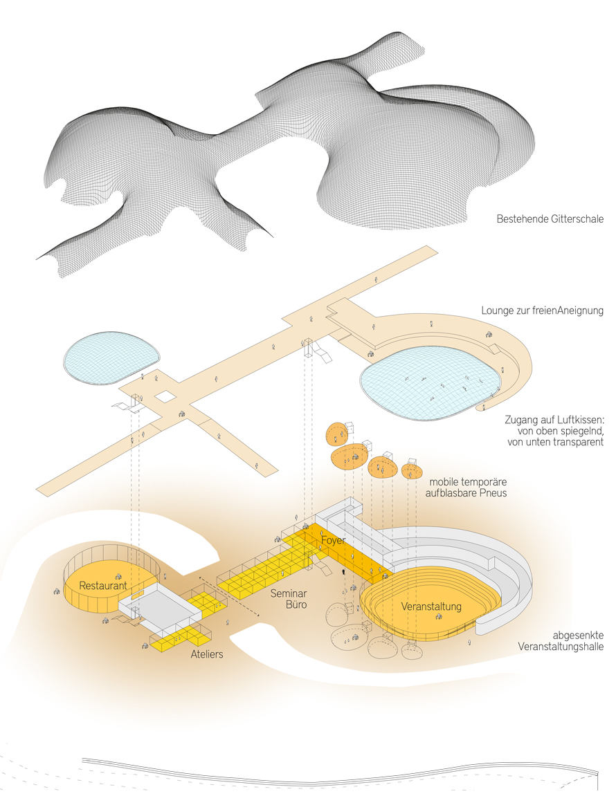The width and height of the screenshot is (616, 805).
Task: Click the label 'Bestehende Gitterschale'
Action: (550, 219)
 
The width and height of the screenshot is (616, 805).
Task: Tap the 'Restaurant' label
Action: (102, 586)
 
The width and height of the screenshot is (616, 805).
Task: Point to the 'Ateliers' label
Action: (206, 654)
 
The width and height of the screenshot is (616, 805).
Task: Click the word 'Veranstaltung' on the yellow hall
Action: (431, 607)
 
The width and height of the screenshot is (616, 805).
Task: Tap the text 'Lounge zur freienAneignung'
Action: (543, 311)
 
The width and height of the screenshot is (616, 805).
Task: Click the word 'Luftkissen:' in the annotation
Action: (579, 419)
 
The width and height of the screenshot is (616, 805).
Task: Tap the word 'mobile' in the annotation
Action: (444, 481)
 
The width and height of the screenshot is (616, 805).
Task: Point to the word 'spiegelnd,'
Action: (579, 430)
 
